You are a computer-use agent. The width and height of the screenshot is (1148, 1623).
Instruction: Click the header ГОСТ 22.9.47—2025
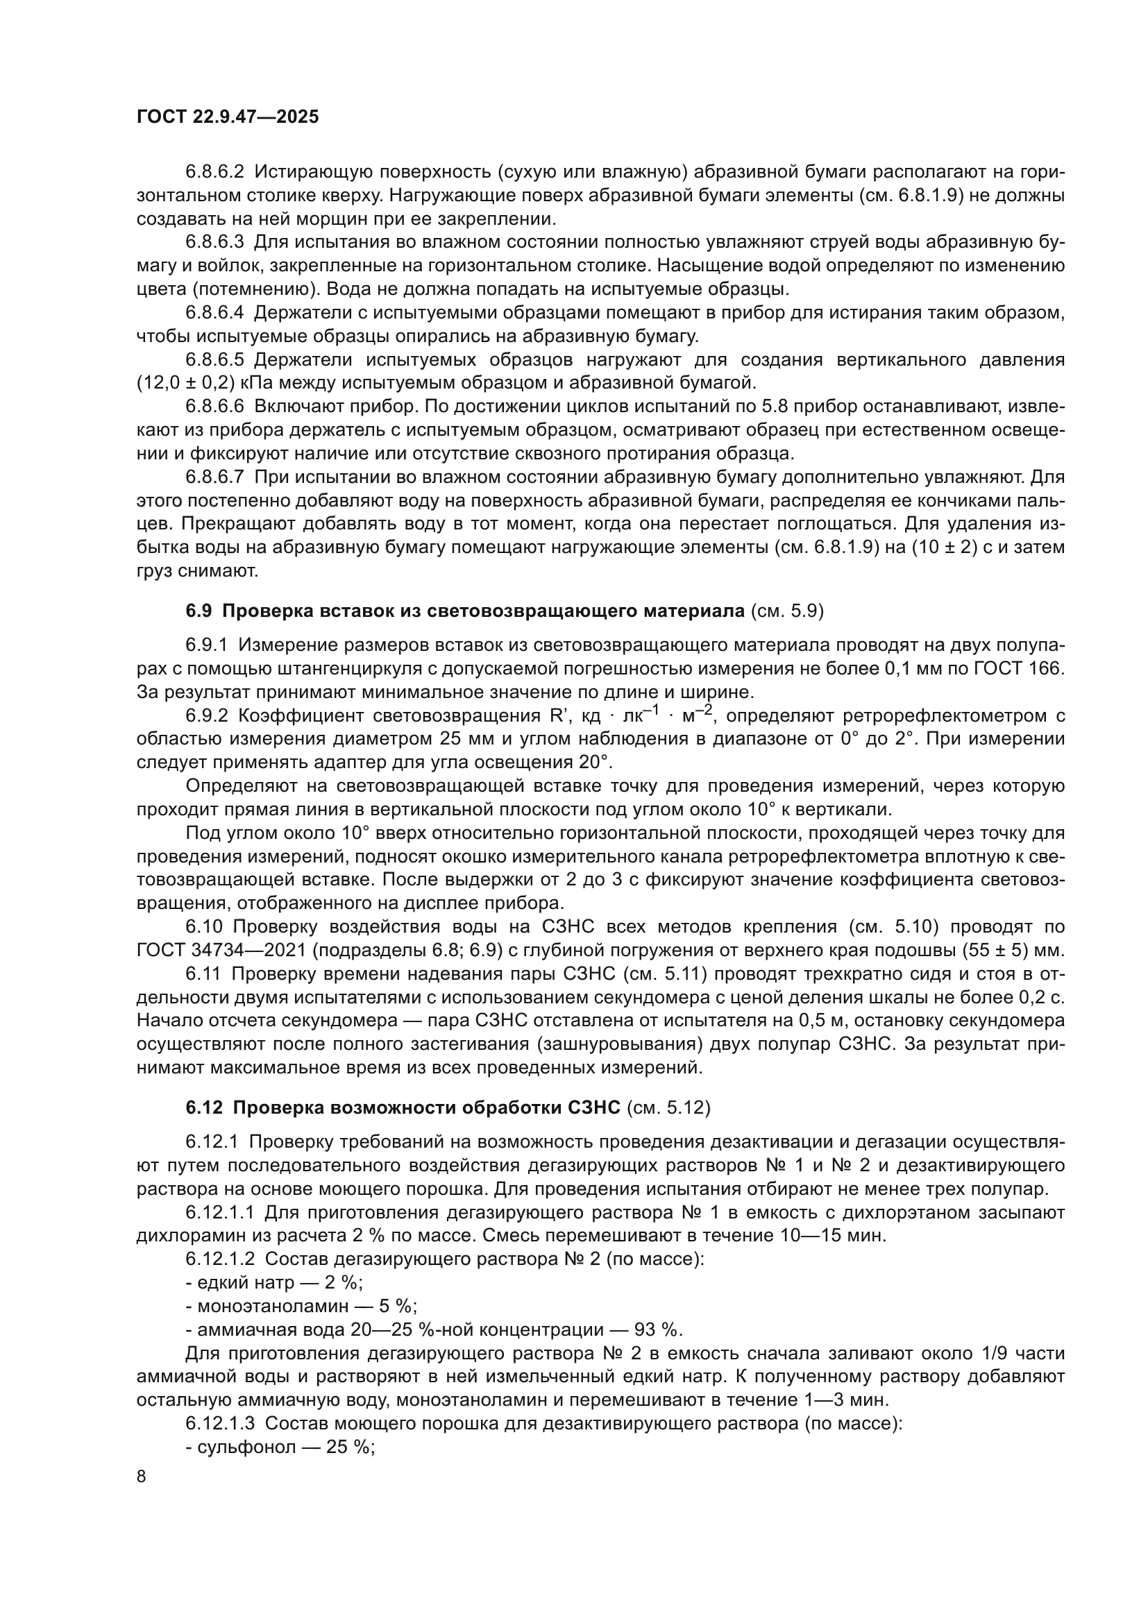(x=227, y=117)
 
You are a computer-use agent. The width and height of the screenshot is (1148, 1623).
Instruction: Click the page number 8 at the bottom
(x=142, y=1476)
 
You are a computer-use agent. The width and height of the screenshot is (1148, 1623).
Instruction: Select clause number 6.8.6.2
(x=214, y=172)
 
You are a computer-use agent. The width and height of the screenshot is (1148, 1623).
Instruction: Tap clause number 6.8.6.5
(x=214, y=360)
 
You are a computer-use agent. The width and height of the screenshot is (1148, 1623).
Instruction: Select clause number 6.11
(x=203, y=974)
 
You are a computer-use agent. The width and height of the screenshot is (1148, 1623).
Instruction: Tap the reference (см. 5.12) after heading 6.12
(x=668, y=1107)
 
